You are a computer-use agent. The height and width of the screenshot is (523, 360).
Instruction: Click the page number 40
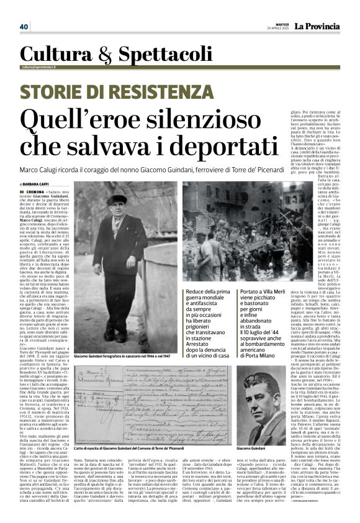(x=24, y=27)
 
